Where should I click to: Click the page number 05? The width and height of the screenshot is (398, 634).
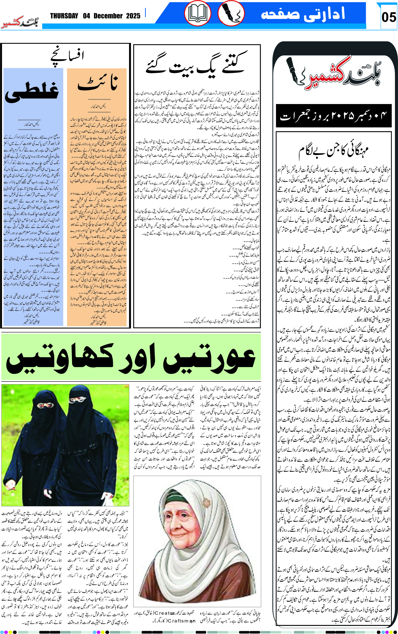point(389,17)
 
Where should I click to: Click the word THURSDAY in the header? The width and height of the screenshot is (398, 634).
point(64,16)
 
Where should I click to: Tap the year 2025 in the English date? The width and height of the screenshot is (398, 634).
point(133,16)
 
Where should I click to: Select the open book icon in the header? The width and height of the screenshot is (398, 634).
point(197,14)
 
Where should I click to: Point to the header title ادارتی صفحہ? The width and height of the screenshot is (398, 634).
point(303,14)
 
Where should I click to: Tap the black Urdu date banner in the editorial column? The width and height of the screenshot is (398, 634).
point(334,116)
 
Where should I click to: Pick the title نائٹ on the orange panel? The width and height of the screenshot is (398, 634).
point(97,83)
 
